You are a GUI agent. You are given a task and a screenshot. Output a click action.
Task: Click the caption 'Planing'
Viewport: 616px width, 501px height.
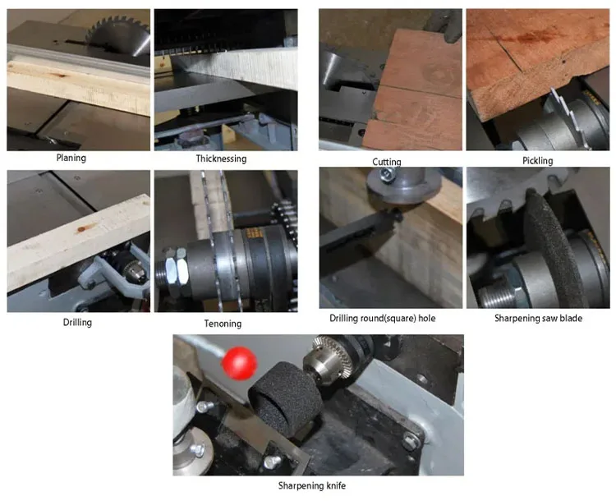(x=71, y=158)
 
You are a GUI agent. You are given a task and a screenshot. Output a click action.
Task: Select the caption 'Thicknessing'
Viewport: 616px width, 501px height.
(x=221, y=159)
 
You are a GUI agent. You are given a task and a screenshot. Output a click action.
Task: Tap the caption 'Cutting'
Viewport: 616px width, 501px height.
(x=386, y=162)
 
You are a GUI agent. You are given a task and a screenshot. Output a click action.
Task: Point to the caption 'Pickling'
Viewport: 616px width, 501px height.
(x=538, y=161)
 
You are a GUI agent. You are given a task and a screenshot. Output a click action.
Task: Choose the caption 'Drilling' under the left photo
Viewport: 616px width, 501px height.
(x=77, y=323)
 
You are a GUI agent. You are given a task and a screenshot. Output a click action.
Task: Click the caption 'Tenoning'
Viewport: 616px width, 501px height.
(x=224, y=324)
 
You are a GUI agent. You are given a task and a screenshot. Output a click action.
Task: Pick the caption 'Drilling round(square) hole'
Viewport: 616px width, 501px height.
(x=385, y=318)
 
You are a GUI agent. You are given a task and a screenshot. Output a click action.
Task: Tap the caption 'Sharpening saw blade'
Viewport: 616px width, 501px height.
(x=538, y=318)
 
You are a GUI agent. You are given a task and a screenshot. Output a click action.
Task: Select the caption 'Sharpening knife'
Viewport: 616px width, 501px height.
(x=313, y=485)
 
